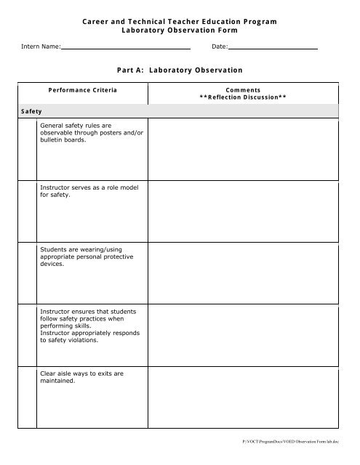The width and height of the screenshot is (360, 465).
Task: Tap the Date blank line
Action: tap(273, 47)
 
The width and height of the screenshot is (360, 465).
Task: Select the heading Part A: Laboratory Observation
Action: tap(180, 70)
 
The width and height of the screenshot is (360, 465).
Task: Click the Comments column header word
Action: tap(243, 89)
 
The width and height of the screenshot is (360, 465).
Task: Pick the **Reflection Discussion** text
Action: tap(243, 97)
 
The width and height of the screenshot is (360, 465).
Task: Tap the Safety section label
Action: tap(31, 111)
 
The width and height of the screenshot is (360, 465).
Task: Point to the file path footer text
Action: tap(302, 441)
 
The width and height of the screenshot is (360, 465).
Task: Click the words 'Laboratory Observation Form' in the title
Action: tap(180, 32)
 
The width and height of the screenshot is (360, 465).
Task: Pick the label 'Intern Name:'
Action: tap(40, 47)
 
